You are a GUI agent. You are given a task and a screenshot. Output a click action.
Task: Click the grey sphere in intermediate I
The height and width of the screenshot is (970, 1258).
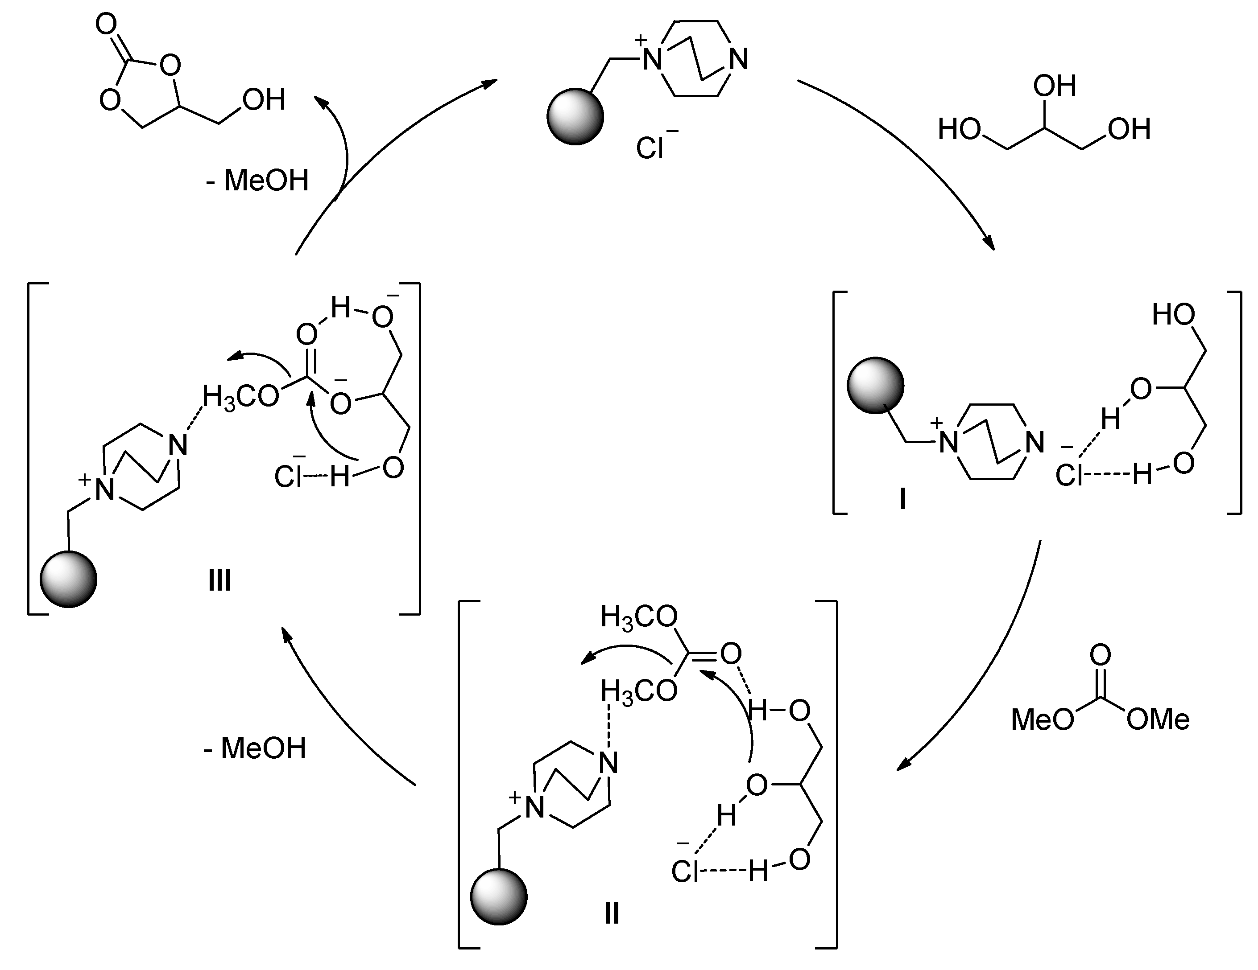tap(875, 385)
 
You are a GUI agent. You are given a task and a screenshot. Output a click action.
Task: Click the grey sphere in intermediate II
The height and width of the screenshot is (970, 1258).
tap(499, 897)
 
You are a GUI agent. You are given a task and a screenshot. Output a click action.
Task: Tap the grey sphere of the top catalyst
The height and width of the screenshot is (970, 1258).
tap(575, 116)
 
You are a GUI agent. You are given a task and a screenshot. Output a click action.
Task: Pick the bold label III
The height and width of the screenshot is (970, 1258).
tap(220, 581)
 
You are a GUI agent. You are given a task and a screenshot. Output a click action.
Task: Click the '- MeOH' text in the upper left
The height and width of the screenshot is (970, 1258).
tap(257, 180)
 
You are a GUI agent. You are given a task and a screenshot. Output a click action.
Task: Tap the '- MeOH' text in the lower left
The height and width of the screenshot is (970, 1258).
tap(255, 748)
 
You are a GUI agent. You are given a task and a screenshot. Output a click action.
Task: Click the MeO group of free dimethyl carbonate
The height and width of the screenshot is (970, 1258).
tap(1043, 719)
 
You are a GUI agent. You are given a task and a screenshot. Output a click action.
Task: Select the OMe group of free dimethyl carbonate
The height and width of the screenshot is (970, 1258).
tap(1158, 719)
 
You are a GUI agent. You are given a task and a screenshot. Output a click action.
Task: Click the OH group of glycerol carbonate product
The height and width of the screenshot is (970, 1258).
tap(264, 99)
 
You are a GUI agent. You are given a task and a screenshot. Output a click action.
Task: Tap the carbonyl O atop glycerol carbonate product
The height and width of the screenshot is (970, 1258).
tap(106, 26)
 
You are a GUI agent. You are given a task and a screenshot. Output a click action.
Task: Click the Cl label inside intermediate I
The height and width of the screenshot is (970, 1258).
tap(1070, 476)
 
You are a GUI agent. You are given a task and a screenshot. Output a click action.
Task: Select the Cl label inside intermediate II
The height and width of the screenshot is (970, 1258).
tap(685, 871)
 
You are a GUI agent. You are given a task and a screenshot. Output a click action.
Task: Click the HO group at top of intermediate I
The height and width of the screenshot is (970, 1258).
tap(1173, 315)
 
